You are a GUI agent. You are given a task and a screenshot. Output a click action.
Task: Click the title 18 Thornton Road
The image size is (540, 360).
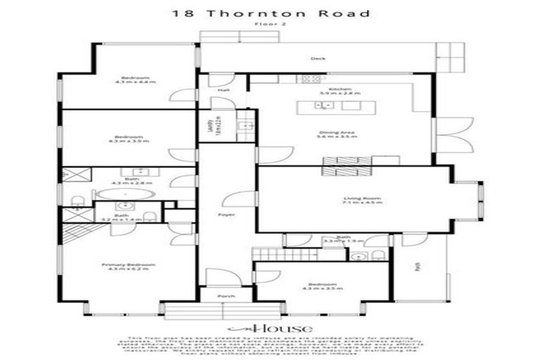pos(269,13)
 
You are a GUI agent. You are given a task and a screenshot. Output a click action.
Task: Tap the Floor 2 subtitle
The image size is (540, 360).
pos(269,25)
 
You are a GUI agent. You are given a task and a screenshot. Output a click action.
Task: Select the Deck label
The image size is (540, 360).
pos(318,58)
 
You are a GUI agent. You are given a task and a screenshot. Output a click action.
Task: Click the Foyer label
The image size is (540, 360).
pos(226,214)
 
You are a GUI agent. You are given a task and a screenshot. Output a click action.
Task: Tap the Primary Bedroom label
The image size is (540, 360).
pos(128,265)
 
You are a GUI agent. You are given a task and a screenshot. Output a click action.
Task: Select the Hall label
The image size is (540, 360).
pos(223,90)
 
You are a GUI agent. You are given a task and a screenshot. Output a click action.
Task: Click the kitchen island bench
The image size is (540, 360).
pos(337,107)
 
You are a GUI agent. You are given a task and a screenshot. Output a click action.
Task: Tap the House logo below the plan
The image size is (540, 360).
pos(269,328)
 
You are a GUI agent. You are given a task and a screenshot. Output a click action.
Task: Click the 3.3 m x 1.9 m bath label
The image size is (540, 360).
pos(340,242)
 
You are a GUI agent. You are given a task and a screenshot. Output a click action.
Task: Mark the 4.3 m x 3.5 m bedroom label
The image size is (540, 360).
pos(321,288)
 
